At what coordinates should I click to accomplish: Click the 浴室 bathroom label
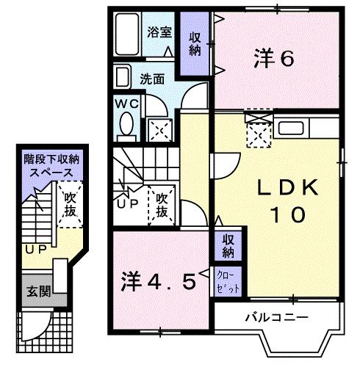click(159, 32)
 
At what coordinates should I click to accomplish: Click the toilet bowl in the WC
click(126, 123)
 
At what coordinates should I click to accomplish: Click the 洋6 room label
click(274, 57)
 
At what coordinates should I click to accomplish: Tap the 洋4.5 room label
click(159, 280)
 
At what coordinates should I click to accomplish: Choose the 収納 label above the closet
click(228, 247)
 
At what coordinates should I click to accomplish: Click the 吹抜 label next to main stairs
click(162, 204)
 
